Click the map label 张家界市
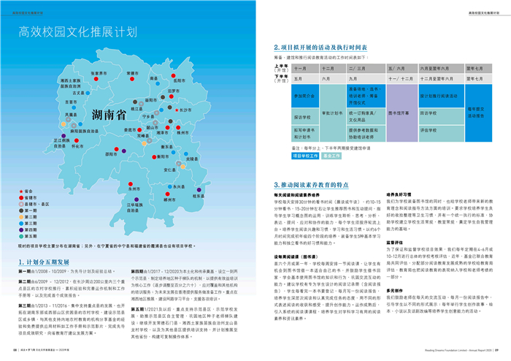point(99,73)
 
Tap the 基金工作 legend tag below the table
point(332,156)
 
